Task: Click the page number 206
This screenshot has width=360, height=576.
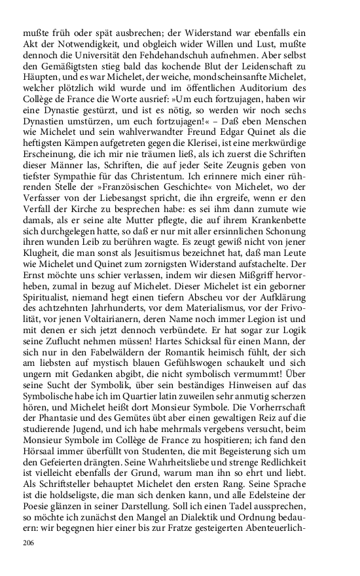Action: pos(28,543)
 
